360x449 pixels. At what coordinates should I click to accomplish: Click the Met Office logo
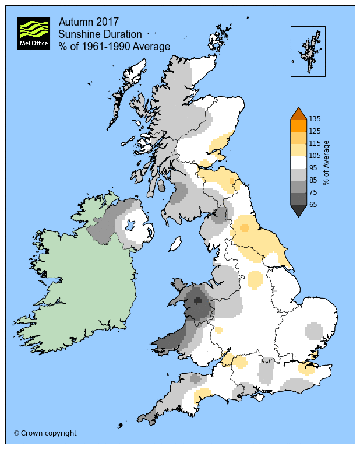click(x=34, y=33)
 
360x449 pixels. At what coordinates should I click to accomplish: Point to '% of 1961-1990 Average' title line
click(x=114, y=46)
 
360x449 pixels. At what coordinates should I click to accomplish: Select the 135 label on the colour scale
click(x=315, y=119)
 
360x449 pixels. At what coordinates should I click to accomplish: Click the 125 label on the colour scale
click(x=315, y=131)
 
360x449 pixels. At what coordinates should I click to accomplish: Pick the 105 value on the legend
click(x=315, y=155)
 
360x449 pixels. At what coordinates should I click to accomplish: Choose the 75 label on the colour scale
click(x=313, y=192)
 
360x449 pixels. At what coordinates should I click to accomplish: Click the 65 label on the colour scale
click(x=313, y=204)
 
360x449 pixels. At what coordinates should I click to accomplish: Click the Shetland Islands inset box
click(x=308, y=51)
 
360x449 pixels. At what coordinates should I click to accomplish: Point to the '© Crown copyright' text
click(x=45, y=433)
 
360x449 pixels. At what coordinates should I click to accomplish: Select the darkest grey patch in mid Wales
click(x=198, y=301)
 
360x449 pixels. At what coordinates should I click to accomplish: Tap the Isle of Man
click(x=175, y=243)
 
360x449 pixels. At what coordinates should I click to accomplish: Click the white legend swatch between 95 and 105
click(x=298, y=162)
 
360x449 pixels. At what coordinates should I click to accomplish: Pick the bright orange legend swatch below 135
click(x=298, y=125)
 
